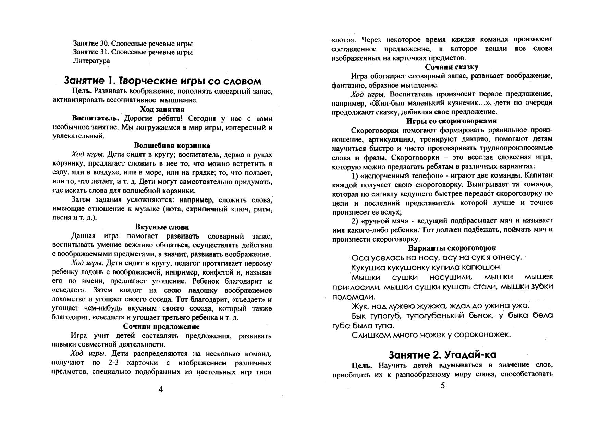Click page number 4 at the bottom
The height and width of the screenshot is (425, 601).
[x=161, y=389]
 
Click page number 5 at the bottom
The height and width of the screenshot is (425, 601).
[x=443, y=386]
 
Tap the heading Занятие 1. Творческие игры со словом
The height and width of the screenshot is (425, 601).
[x=163, y=81]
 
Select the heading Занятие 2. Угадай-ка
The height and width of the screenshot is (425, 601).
[x=442, y=354]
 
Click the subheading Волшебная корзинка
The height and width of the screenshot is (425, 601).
[x=172, y=145]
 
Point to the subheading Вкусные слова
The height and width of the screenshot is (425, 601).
[x=162, y=227]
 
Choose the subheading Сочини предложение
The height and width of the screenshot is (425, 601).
[x=161, y=326]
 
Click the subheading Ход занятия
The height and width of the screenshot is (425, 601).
[x=162, y=109]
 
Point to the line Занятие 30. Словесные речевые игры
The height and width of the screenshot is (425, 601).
[x=133, y=44]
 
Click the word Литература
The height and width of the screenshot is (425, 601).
[x=91, y=61]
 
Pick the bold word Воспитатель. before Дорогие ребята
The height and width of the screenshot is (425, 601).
[x=95, y=118]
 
